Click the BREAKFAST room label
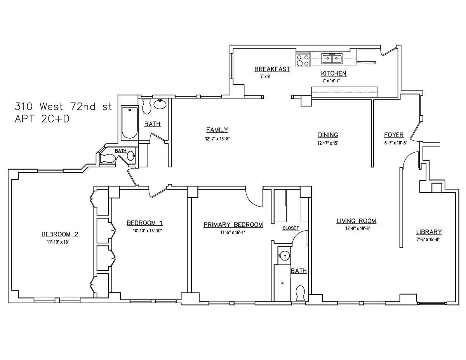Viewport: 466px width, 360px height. coord(272,69)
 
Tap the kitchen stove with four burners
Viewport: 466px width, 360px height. coord(303,61)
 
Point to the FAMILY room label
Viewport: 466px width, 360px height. coord(217,130)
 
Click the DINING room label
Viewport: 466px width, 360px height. coord(328,135)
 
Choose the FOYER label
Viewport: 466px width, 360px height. coord(393,135)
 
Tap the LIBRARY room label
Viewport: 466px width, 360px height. coord(429,232)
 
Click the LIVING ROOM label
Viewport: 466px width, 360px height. coord(356,221)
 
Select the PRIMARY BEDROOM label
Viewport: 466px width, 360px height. coord(233,224)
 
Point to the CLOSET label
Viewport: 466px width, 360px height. coord(290,228)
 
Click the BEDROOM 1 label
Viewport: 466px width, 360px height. coord(144,223)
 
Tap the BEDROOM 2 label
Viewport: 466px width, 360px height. coord(60,234)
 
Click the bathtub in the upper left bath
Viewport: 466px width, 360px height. coord(129,123)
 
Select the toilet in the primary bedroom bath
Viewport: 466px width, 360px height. coord(300,293)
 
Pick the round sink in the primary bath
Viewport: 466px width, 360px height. coord(284,256)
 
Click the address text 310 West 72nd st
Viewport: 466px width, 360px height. coord(63,106)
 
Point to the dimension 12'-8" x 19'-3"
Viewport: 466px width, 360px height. coord(356,228)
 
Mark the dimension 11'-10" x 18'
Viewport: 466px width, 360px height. coord(60,242)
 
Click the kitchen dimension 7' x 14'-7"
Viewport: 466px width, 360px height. coord(333,80)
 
